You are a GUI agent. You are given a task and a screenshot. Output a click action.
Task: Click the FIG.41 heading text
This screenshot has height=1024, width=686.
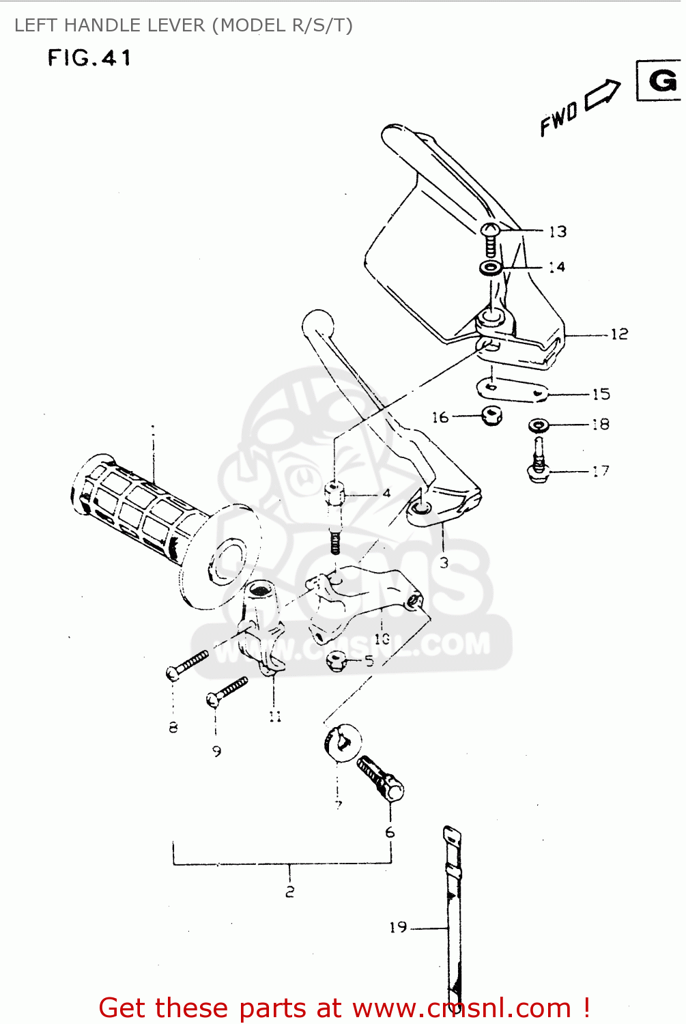[x=89, y=58]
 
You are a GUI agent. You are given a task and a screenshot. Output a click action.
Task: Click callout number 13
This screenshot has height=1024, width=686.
[x=558, y=231]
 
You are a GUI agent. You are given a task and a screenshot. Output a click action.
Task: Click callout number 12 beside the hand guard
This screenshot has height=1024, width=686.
[x=618, y=334]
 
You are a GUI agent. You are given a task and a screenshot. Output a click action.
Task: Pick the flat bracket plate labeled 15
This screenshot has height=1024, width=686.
[x=511, y=390]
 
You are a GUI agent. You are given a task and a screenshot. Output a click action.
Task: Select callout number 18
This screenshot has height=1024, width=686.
[x=600, y=425]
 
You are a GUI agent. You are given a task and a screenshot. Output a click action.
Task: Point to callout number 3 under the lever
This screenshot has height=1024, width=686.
[x=444, y=563]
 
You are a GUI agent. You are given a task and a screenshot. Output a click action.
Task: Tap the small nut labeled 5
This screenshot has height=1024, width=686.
[x=337, y=661]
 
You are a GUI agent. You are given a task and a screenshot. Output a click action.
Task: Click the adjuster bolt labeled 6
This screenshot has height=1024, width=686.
[x=382, y=778]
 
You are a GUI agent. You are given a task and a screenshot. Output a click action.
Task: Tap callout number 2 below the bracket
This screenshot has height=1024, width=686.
[x=290, y=892]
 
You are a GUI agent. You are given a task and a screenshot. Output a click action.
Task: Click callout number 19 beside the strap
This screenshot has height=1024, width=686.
[x=398, y=927]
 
